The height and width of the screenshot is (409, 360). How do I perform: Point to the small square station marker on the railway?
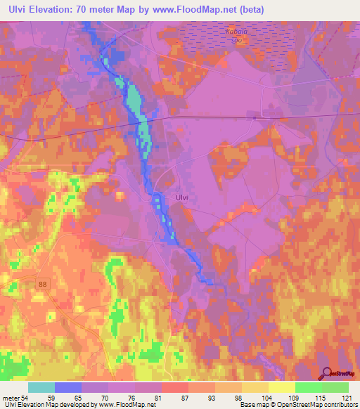[x=253, y=118]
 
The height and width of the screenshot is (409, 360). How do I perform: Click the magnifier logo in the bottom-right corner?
[x=328, y=375]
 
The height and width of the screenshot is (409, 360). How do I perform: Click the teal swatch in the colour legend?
[x=41, y=387]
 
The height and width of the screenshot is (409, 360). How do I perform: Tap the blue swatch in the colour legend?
[x=68, y=387]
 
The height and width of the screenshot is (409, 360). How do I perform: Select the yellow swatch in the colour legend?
[x=282, y=387]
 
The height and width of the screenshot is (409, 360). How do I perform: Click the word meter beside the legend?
[x=12, y=397]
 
